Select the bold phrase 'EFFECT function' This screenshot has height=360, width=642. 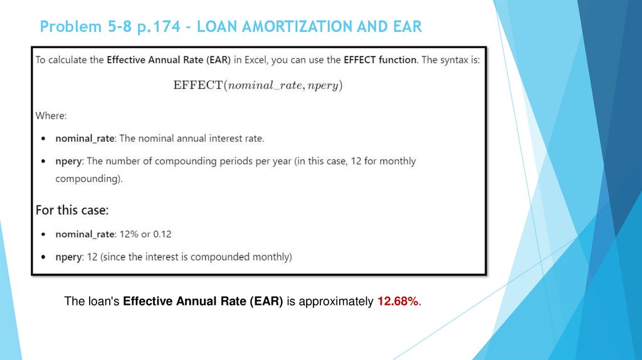pos(379,60)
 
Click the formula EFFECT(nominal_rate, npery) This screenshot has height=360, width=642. pos(258,85)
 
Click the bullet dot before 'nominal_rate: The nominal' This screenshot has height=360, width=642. pos(42,138)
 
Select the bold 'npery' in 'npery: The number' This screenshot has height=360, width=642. pos(68,161)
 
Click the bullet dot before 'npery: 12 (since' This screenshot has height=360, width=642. pos(42,257)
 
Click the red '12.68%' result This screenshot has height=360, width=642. pos(399,302)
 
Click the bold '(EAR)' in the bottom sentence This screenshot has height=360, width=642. pos(267,302)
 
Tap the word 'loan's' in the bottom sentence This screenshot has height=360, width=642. pos(103,302)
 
